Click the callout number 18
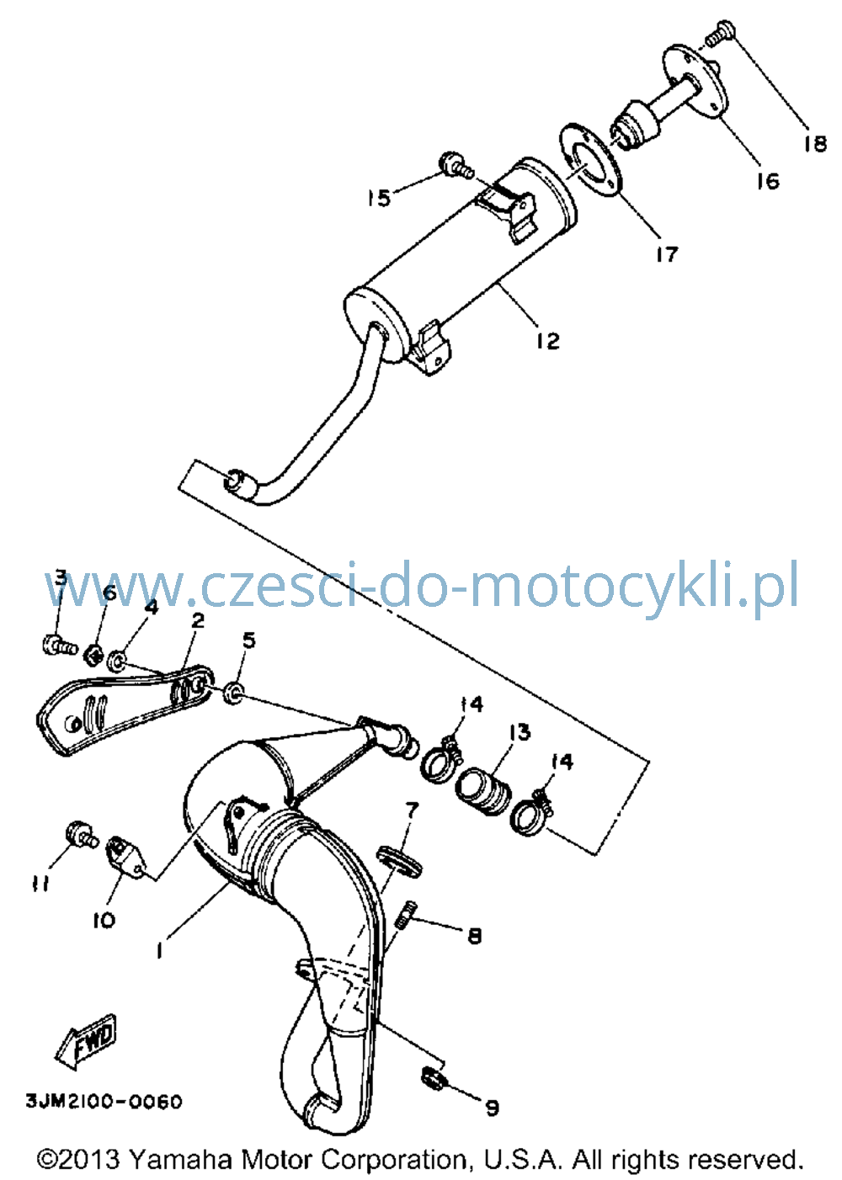pos(814,143)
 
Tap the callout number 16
pos(767,181)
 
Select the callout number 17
pos(667,254)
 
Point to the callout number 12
pos(547,341)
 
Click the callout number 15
pos(379,198)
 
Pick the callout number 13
pos(519,732)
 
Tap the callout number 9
pos(491,1108)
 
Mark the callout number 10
pos(104,920)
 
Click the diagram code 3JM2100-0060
pos(104,1102)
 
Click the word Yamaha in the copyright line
pos(180,1160)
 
